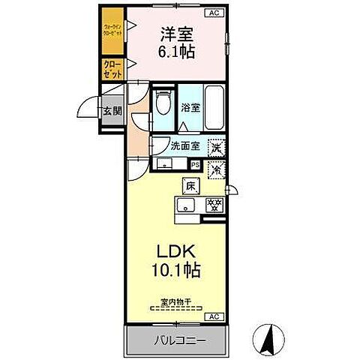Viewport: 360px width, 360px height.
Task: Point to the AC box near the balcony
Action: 214,316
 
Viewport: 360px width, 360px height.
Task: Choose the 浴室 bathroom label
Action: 190,108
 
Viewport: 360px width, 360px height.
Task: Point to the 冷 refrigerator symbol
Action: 216,169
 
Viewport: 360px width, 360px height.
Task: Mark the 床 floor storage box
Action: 191,184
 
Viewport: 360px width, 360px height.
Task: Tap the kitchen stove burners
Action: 214,205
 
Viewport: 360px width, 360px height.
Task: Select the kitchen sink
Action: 185,205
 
